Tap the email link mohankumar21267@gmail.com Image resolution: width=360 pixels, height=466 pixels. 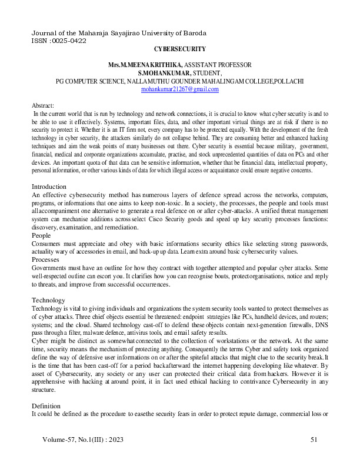coord(180,89)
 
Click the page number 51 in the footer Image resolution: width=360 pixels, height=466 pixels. coord(313,440)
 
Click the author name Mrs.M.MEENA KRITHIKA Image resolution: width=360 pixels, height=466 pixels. coord(145,64)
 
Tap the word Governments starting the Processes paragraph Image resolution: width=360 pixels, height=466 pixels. coord(51,267)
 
